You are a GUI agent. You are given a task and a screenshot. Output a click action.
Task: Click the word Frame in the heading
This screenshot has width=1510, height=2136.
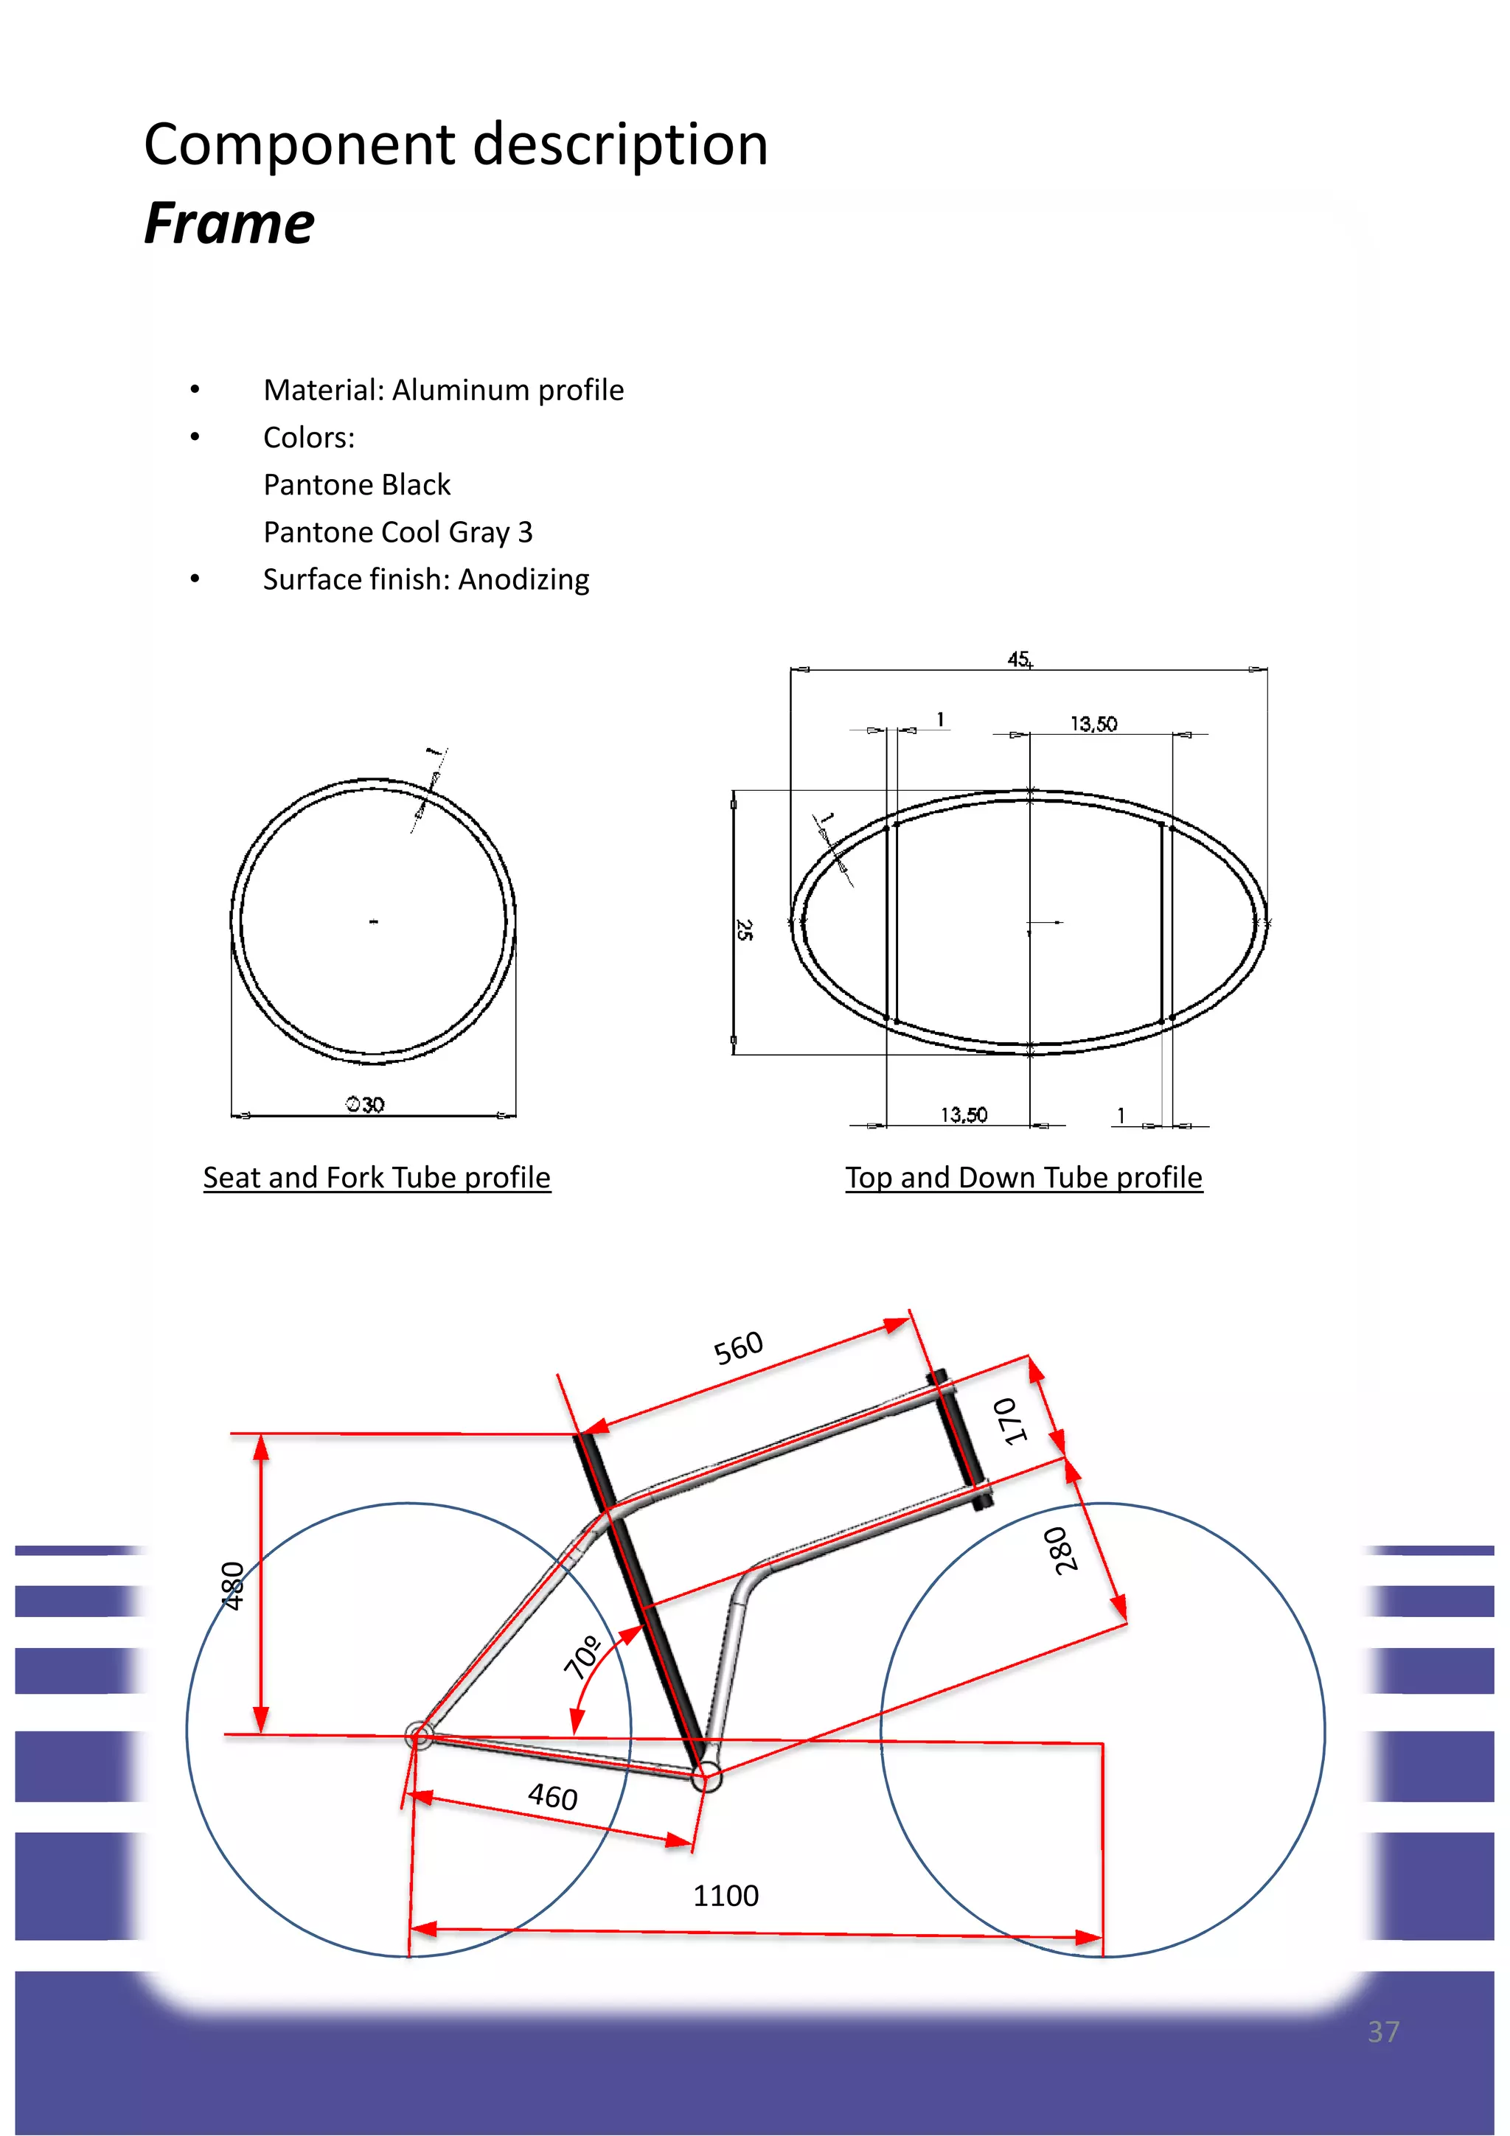tap(229, 224)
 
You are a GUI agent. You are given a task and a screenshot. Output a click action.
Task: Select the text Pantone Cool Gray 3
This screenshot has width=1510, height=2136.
tap(397, 532)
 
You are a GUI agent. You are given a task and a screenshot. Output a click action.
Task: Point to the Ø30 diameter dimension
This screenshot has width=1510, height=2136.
tap(366, 1104)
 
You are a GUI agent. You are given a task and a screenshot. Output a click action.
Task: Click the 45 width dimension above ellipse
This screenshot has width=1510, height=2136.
tap(1019, 659)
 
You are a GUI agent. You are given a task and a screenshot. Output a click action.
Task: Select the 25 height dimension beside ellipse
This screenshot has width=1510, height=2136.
tap(744, 929)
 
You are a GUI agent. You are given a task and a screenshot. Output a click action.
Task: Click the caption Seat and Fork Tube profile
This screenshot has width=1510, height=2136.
tap(377, 1178)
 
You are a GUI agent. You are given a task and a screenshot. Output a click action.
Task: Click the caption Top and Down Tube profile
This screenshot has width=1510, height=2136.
tap(1023, 1178)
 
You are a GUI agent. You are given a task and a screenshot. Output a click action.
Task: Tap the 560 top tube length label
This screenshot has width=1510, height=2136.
tap(738, 1347)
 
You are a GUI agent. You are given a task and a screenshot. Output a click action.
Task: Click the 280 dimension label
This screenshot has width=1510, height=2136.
tap(1062, 1551)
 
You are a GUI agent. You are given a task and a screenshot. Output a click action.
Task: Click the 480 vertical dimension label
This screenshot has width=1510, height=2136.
tap(232, 1585)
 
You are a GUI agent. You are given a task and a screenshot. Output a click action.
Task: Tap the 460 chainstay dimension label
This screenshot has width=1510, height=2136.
tap(553, 1795)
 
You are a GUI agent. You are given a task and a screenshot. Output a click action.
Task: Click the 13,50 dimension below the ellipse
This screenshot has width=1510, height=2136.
tap(964, 1114)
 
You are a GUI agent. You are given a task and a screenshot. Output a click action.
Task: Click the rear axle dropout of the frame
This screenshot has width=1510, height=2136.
tap(419, 1735)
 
